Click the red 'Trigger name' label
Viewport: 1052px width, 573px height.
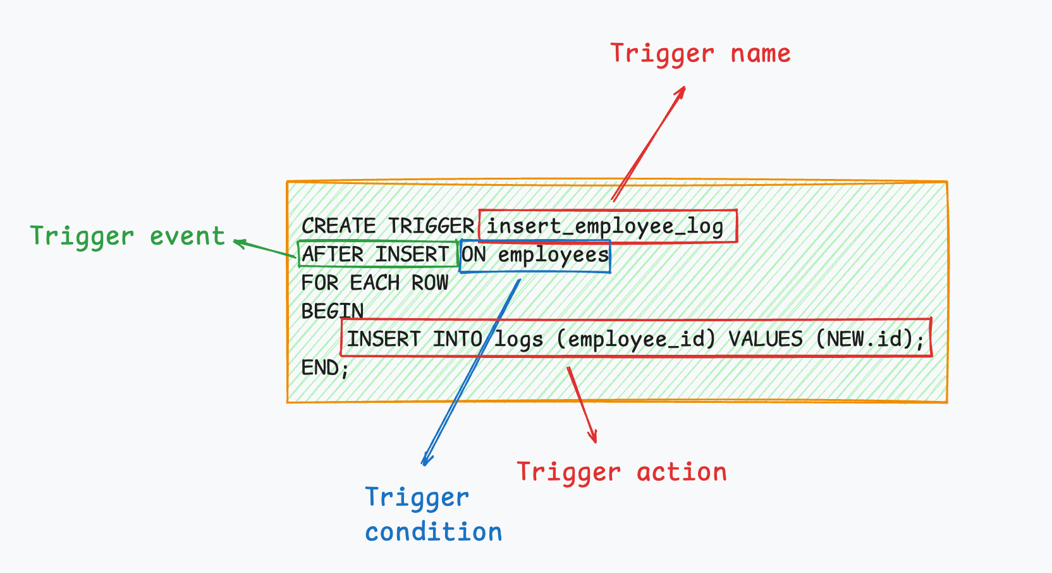[x=700, y=54]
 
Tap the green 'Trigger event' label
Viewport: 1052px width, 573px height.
[x=127, y=237]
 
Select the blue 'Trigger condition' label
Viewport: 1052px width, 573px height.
[x=433, y=515]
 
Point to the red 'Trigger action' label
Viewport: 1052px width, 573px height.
[x=621, y=472]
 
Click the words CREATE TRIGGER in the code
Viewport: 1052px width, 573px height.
[x=387, y=226]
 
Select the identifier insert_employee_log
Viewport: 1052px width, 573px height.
[x=605, y=226]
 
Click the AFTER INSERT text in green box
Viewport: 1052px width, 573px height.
[x=375, y=254]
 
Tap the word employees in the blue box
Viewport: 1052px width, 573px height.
[x=553, y=255]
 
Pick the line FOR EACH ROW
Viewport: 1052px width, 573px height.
[x=374, y=283]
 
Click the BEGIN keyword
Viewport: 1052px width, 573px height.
[x=332, y=311]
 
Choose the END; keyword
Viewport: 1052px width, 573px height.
[x=324, y=367]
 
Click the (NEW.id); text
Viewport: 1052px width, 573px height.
[x=870, y=339]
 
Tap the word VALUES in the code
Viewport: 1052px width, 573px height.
[x=765, y=339]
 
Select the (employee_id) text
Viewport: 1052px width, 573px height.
[x=635, y=340]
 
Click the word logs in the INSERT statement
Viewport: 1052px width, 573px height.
[x=518, y=340]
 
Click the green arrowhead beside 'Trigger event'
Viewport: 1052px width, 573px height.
[x=238, y=242]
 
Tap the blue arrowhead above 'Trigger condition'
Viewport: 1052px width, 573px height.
[x=425, y=461]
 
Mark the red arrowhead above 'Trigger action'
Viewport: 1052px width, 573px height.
[x=593, y=438]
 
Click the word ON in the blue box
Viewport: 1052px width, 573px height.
[x=474, y=255]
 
